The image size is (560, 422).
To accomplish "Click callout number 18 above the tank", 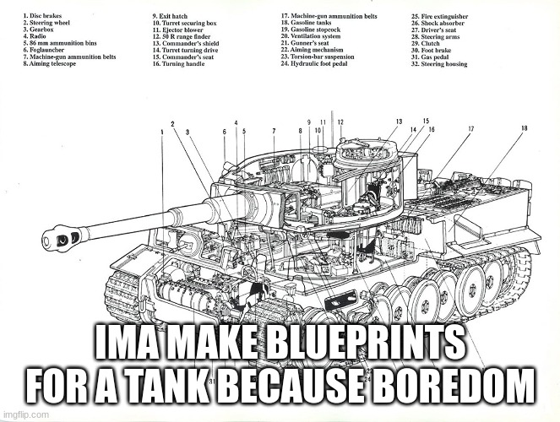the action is (525, 128).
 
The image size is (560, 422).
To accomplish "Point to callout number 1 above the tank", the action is (160, 133).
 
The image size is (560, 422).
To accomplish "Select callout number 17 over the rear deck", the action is (470, 128).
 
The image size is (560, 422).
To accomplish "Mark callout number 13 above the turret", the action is (399, 122).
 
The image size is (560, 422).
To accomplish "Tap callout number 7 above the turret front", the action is (275, 131).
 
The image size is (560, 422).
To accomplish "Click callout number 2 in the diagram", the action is (172, 125).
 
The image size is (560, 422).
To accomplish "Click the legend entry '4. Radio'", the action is (38, 37).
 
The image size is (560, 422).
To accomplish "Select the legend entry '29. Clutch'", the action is (430, 44).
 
